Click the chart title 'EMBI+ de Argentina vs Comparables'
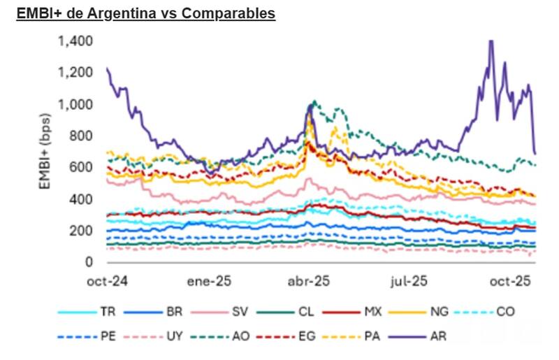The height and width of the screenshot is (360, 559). pyautogui.click(x=146, y=13)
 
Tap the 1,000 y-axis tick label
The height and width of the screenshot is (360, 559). pyautogui.click(x=74, y=105)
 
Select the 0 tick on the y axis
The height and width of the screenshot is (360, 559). pyautogui.click(x=88, y=262)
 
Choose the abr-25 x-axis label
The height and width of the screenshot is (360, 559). pyautogui.click(x=310, y=282)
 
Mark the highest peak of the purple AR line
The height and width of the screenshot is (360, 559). pyautogui.click(x=491, y=41)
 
